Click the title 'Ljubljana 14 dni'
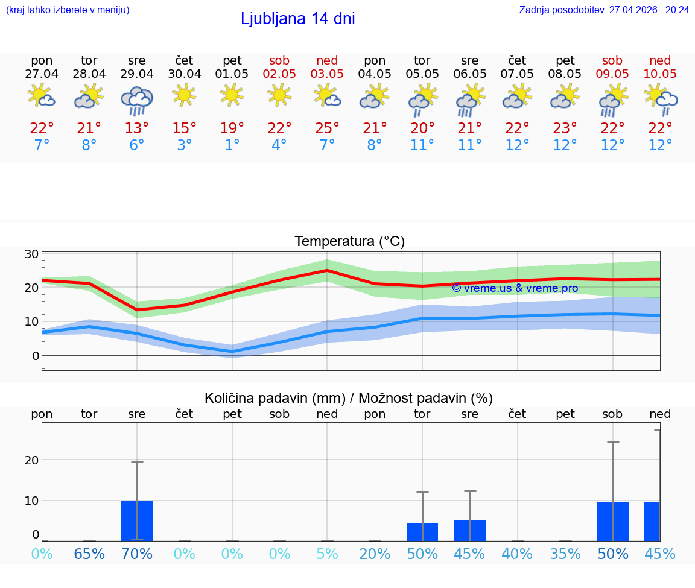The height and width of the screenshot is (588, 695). (297, 19)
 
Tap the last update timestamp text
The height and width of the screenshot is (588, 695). (604, 10)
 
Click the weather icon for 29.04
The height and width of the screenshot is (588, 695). (137, 100)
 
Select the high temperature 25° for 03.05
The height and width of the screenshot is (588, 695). (327, 128)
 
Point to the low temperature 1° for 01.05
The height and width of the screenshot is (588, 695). (232, 145)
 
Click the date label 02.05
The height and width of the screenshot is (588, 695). (279, 74)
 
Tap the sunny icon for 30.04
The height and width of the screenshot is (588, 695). (184, 95)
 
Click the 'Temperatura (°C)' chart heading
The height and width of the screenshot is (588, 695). (349, 242)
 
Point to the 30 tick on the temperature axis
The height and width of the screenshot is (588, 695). (32, 254)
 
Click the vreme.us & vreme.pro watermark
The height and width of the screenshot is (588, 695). (515, 288)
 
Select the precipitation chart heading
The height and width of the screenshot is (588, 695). (349, 398)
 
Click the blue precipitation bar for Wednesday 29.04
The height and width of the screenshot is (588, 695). (137, 520)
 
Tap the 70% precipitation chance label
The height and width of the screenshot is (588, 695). (137, 554)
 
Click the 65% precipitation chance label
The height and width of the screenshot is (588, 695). (89, 554)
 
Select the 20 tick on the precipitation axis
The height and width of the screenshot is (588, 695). (31, 460)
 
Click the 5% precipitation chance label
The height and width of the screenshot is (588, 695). (327, 554)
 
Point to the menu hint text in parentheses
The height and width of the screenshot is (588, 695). (68, 10)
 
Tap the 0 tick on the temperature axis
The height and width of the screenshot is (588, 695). (36, 356)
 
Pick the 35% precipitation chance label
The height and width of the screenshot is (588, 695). (565, 554)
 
